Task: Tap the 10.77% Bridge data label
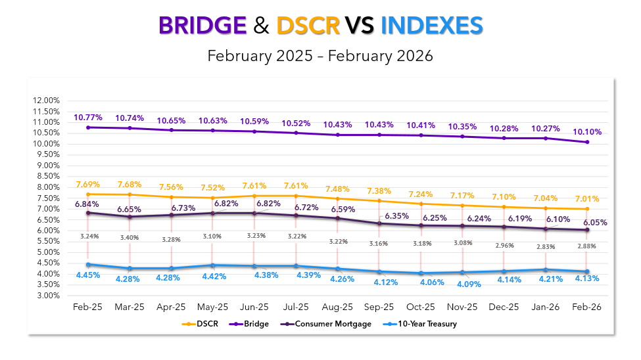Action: point(87,118)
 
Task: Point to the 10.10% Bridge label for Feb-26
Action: point(588,132)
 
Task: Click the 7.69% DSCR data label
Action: point(87,185)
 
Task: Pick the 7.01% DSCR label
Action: point(587,199)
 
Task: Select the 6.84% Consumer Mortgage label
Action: point(87,204)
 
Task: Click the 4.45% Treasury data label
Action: point(87,275)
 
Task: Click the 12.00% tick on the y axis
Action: point(45,101)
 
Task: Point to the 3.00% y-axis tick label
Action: point(47,296)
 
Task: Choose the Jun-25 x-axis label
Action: point(254,307)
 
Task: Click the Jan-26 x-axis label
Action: point(545,307)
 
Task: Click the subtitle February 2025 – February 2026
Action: point(320,56)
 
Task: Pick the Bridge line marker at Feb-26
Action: point(587,142)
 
